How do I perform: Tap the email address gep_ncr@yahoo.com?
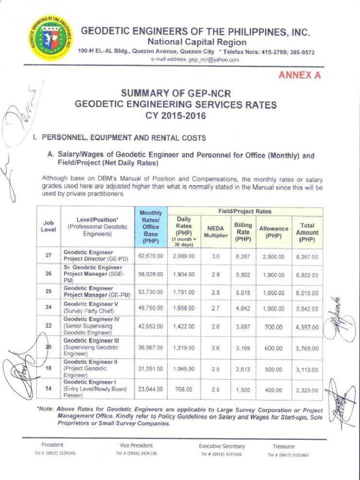(x=195, y=60)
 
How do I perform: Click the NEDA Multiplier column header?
(x=216, y=232)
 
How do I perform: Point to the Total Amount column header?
(x=307, y=232)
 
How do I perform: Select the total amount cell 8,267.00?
(x=307, y=257)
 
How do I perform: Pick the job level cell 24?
(x=48, y=308)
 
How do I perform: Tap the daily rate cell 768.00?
(x=184, y=389)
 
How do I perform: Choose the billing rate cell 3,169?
(x=243, y=348)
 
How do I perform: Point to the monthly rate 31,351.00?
(x=151, y=369)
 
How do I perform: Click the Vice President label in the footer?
(x=136, y=446)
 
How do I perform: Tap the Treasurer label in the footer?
(x=284, y=447)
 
